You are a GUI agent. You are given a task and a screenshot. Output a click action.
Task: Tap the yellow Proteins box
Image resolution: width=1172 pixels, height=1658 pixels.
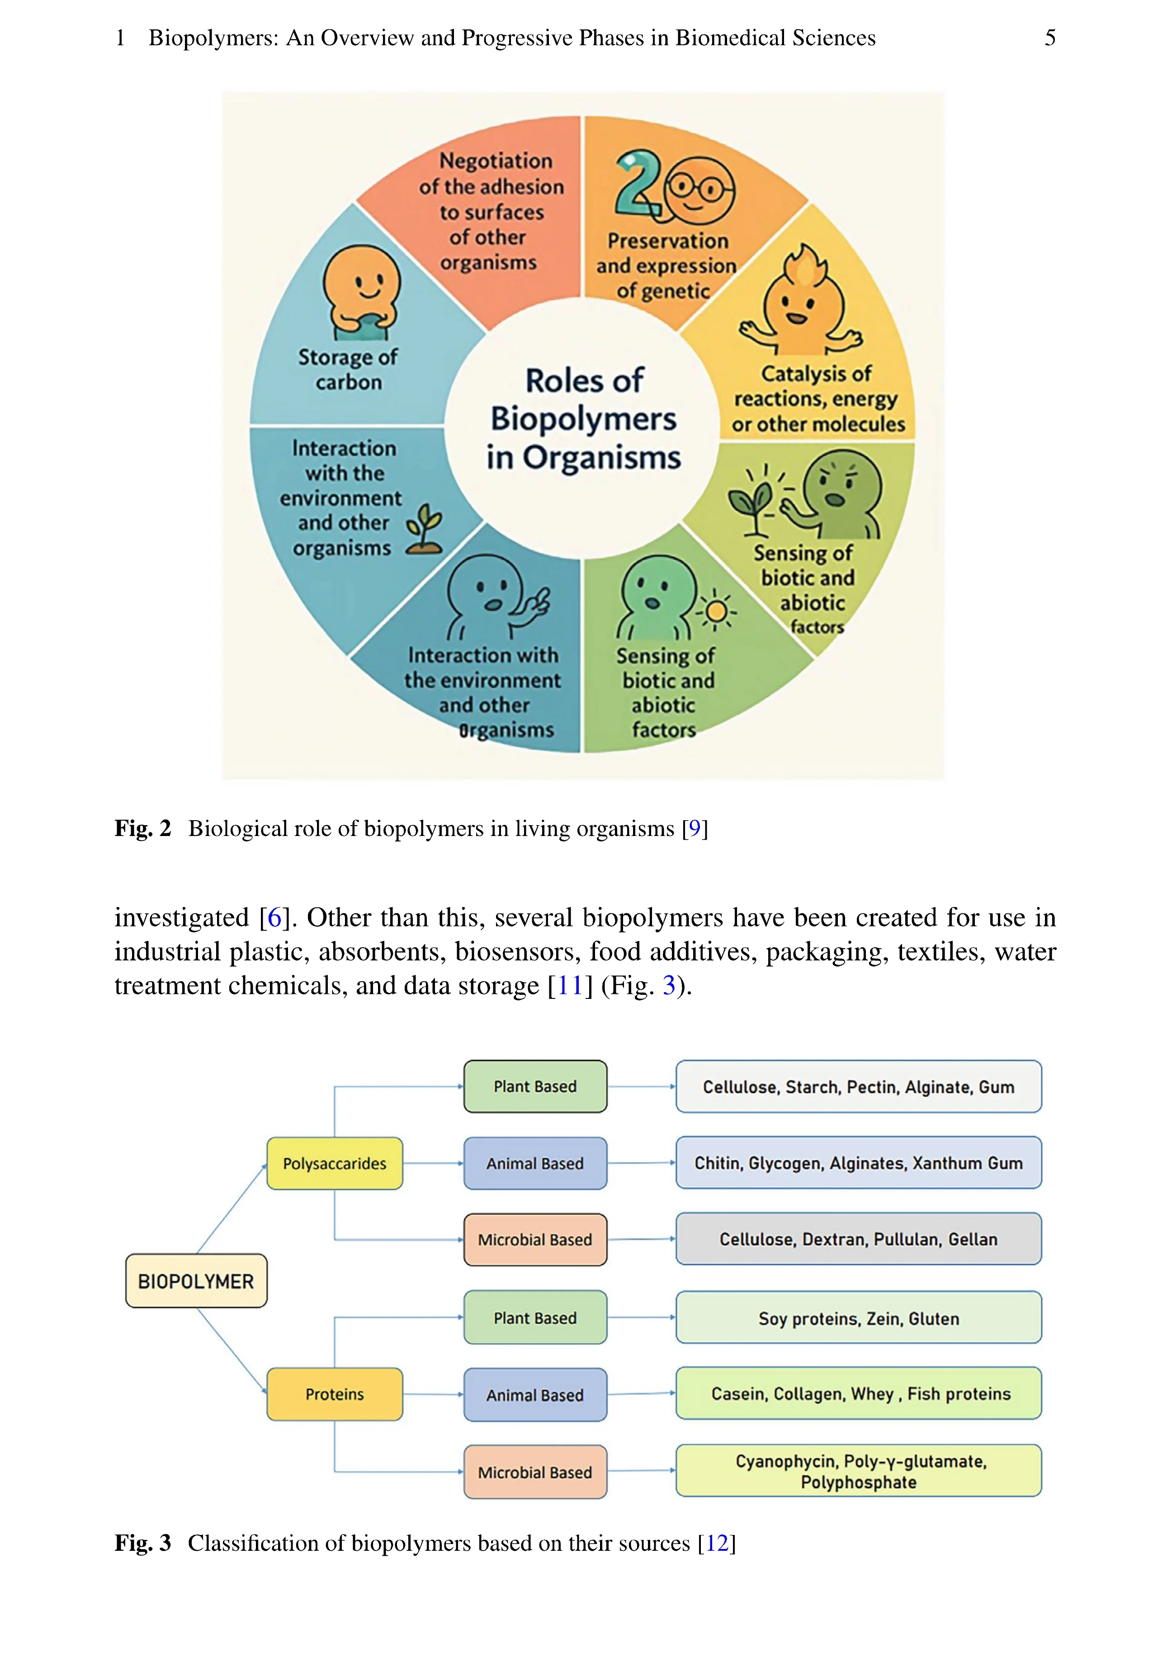(334, 1394)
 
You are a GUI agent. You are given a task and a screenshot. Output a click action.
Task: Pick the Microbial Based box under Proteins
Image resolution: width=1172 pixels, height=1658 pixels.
(535, 1472)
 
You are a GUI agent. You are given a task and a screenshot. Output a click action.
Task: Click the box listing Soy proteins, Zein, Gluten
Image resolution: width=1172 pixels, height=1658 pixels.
(858, 1318)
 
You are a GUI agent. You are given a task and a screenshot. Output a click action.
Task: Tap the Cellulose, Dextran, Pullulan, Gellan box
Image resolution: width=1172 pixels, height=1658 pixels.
(858, 1239)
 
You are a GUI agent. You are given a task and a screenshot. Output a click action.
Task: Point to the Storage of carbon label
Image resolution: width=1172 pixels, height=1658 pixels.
(348, 369)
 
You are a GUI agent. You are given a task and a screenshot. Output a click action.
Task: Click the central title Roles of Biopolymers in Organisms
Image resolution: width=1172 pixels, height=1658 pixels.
(583, 419)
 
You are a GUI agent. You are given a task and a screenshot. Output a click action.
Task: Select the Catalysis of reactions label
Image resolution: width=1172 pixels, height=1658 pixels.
(817, 399)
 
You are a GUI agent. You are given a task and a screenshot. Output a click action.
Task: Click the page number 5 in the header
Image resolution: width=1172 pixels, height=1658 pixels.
(1050, 38)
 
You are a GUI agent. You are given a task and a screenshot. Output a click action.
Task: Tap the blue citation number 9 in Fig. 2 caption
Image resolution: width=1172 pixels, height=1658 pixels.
(694, 828)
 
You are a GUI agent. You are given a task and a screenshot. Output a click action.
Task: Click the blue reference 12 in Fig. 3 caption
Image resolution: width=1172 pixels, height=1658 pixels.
(717, 1543)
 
